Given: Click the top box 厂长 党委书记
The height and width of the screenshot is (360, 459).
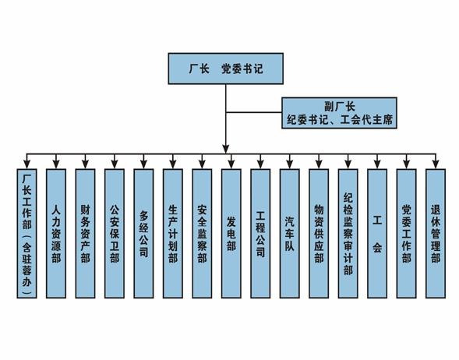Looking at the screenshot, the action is (226, 69).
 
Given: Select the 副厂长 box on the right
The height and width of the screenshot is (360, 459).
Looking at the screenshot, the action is (339, 113).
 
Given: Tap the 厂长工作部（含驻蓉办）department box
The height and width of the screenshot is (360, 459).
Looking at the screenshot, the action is (26, 233).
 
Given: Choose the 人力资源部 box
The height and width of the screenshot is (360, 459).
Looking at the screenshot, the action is (56, 233).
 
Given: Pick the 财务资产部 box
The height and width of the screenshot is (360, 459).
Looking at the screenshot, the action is (85, 233).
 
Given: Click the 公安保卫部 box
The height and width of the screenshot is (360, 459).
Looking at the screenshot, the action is (115, 233).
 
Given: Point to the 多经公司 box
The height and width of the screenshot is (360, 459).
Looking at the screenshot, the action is (143, 233).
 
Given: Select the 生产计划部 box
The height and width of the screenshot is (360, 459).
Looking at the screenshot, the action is (173, 233).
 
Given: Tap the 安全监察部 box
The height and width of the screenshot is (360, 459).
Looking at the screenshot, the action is (202, 233).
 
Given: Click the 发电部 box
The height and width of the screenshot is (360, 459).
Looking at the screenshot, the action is (231, 233).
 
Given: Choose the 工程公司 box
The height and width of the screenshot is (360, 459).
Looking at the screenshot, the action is (260, 233).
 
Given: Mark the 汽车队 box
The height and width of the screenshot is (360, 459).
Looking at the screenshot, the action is (290, 233).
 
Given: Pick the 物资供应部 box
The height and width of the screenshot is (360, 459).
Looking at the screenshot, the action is (319, 233).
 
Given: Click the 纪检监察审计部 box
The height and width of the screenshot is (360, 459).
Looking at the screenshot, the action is (348, 233).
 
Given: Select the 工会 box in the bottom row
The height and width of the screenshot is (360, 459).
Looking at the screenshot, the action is (377, 233).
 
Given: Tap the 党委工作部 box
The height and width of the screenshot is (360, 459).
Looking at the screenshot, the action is (406, 233).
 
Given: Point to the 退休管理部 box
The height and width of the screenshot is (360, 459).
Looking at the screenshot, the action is (436, 233).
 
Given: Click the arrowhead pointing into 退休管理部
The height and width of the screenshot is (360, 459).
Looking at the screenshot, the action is (436, 164).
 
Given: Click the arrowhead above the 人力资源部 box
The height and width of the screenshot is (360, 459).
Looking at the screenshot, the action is (56, 164).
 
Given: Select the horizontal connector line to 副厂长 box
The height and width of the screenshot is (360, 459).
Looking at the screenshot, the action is (254, 112).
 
